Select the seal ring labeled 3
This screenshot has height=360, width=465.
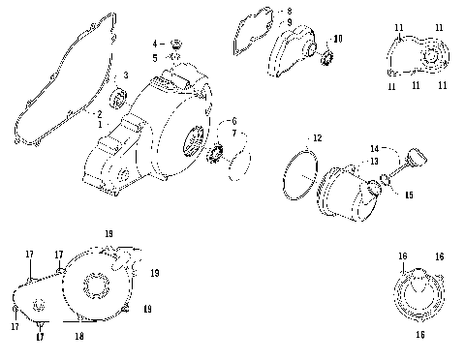coord(120,96)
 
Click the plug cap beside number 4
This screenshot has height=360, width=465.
coord(175,43)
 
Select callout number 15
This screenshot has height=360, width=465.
coord(408,195)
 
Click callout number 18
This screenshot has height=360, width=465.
coord(80,336)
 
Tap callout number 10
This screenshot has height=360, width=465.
coord(338,39)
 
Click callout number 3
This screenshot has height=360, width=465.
coord(125,75)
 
